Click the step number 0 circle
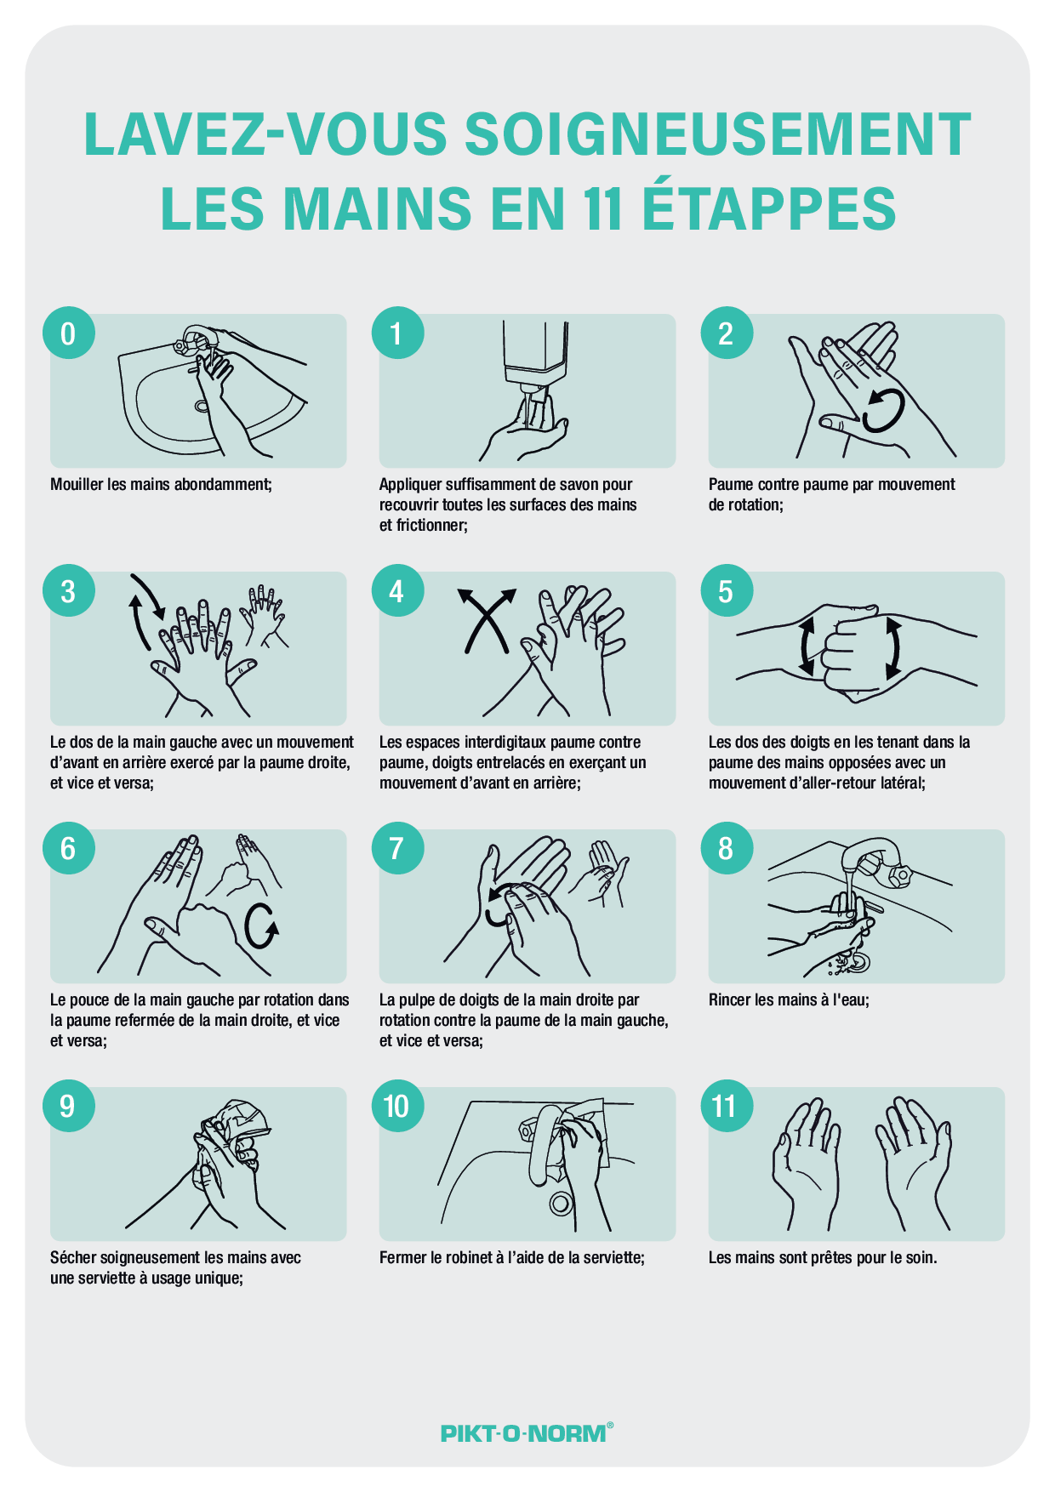pyautogui.click(x=68, y=333)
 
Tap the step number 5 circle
pyautogui.click(x=727, y=591)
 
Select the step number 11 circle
pyautogui.click(x=727, y=1106)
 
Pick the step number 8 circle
pyautogui.click(x=727, y=848)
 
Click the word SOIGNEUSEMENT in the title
pyautogui.click(x=718, y=134)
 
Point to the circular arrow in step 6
pyautogui.click(x=260, y=926)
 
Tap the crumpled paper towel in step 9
pyautogui.click(x=238, y=1123)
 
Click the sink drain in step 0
pyautogui.click(x=202, y=406)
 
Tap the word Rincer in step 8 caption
pyautogui.click(x=730, y=1000)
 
